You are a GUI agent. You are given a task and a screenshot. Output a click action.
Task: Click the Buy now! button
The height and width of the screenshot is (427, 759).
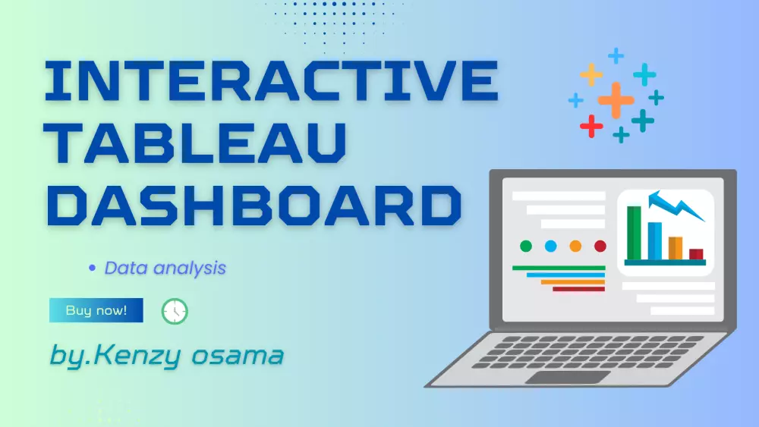[x=96, y=310]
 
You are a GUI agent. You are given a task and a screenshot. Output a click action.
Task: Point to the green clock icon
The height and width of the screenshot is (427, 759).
[x=175, y=311]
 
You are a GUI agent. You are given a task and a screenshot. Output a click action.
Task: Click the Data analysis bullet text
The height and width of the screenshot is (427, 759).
[x=165, y=268]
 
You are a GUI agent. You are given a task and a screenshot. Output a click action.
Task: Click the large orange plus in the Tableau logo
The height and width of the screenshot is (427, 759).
[x=616, y=99]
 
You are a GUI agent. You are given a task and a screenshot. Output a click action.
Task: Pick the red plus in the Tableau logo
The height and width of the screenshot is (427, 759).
[x=591, y=126]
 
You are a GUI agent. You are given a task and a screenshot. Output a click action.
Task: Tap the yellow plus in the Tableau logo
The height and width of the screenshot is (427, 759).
[x=591, y=74]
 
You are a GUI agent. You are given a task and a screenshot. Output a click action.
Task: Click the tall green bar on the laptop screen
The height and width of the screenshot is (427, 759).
[x=634, y=232]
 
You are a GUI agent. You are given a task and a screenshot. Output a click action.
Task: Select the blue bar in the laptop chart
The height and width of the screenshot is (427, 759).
[x=654, y=240]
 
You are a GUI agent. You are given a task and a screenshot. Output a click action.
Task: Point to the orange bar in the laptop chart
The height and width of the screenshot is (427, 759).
[x=675, y=248]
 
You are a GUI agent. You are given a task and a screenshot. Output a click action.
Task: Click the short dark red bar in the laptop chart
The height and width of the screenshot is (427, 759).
[x=696, y=254]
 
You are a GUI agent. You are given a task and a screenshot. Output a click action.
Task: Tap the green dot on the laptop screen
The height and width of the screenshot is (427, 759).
[x=526, y=246]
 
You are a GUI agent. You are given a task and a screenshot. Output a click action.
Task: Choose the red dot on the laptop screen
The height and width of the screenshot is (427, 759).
[x=600, y=246]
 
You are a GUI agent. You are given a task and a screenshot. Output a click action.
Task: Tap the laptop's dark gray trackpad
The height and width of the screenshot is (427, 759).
[x=568, y=377]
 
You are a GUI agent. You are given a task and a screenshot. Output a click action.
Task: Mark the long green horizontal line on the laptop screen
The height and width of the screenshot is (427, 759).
[x=558, y=268]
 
